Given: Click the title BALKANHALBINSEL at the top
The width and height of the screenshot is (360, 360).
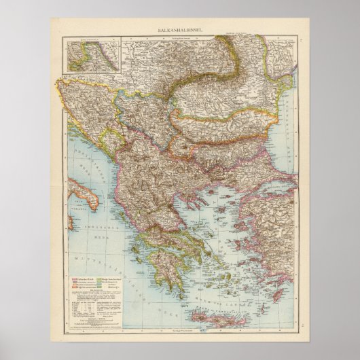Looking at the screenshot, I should click(179, 31).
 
